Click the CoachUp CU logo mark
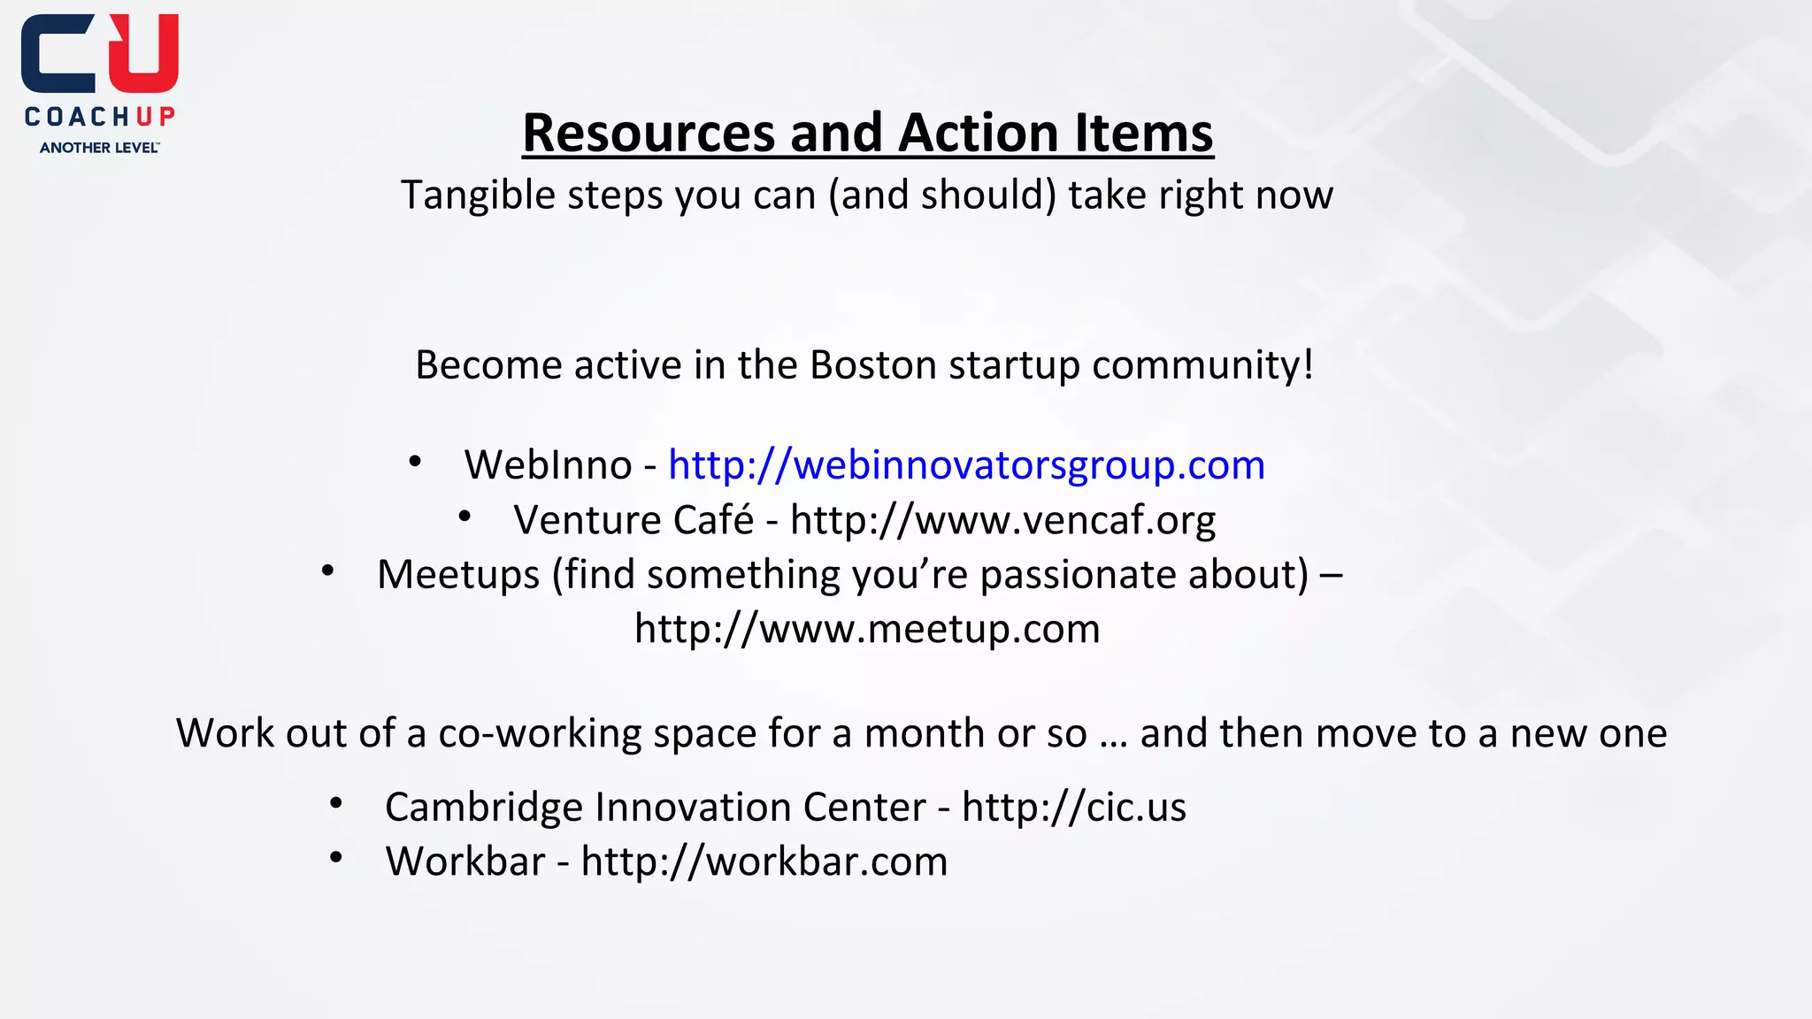tap(99, 55)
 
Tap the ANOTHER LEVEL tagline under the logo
tap(99, 148)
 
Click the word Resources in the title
tap(649, 133)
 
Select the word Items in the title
tap(1143, 133)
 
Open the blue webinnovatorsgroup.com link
tap(966, 465)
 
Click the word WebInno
tap(548, 465)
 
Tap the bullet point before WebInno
tap(415, 462)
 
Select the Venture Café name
tap(633, 520)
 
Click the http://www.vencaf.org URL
tap(1002, 520)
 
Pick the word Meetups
tap(457, 575)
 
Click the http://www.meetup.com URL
tap(867, 629)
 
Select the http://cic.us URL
tap(1073, 808)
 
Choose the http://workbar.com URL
tap(764, 862)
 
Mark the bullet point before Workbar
tap(335, 858)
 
